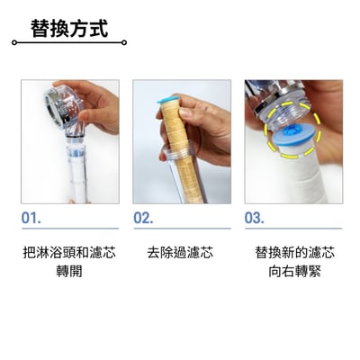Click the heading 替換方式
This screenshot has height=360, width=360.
[68, 28]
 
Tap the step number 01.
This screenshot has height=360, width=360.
[31, 217]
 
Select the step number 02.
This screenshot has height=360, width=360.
[143, 217]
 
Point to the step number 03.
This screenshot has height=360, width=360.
[254, 217]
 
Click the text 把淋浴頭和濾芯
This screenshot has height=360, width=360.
[68, 253]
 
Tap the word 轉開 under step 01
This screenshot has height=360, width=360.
[68, 271]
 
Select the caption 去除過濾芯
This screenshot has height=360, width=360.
[180, 253]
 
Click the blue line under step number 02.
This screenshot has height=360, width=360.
[180, 229]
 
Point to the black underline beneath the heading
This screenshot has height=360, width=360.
[68, 42]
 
